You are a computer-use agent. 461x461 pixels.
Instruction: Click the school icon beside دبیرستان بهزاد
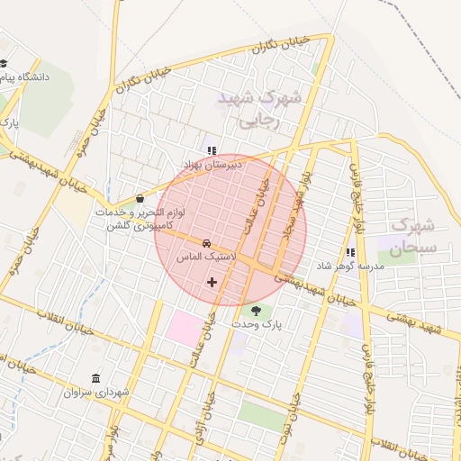(212, 151)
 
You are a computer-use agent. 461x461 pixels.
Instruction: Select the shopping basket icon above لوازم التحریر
(140, 198)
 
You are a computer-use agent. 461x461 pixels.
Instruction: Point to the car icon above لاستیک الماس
(206, 243)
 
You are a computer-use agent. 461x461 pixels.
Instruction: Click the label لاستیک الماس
(205, 257)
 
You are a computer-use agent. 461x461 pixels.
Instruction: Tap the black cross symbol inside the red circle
(212, 282)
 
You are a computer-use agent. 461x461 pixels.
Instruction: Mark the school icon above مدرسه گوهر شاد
(349, 254)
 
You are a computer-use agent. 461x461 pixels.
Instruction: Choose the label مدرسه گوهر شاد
(349, 267)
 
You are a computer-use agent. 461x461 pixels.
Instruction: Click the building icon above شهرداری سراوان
(96, 378)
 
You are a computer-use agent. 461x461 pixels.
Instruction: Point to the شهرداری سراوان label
(97, 393)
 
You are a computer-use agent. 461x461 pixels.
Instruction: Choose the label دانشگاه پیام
(36, 77)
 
